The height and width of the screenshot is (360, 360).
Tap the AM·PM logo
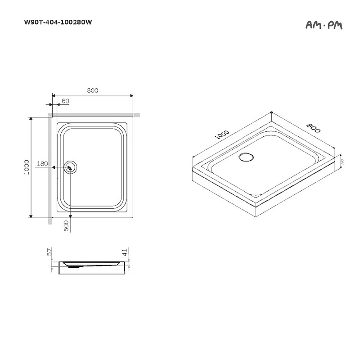324,25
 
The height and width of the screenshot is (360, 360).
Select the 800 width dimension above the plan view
93,90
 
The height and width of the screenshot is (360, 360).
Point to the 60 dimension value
65,101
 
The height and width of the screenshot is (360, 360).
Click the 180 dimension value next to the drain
42,164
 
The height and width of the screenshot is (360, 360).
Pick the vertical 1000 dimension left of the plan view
27,167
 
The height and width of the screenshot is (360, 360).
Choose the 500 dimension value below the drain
66,225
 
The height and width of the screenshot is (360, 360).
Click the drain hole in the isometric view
246,157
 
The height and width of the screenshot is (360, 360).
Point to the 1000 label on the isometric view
222,135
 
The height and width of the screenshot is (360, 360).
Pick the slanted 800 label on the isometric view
313,128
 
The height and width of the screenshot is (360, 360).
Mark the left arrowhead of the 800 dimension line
54,95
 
